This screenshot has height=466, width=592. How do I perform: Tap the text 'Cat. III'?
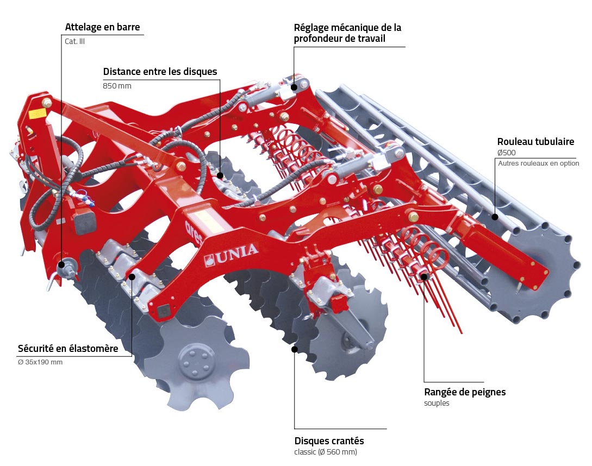click(x=75, y=41)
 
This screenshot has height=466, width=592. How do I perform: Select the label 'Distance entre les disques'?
click(x=160, y=72)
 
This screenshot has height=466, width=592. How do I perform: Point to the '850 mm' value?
click(x=117, y=86)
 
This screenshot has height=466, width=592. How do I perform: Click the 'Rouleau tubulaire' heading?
click(x=535, y=142)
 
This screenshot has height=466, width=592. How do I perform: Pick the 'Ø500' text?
click(x=506, y=153)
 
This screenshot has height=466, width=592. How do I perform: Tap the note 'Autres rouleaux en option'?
click(x=538, y=163)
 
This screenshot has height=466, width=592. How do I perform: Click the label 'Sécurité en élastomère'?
click(x=68, y=349)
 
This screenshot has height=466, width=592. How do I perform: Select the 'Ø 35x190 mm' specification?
click(x=40, y=362)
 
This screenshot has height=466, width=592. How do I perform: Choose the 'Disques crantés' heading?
click(x=329, y=440)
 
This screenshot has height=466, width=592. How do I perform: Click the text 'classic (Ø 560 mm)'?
click(x=326, y=452)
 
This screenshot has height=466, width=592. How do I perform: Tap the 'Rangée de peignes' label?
click(x=465, y=392)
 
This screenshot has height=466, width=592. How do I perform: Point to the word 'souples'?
click(x=437, y=404)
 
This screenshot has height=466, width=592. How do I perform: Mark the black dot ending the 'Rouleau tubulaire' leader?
click(x=495, y=217)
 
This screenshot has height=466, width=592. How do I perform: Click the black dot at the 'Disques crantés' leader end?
click(x=295, y=349)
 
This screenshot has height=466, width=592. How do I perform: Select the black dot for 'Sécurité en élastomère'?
click(x=132, y=276)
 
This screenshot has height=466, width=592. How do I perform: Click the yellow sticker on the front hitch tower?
click(x=37, y=114)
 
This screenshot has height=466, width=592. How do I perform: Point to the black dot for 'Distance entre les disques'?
click(x=220, y=175)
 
